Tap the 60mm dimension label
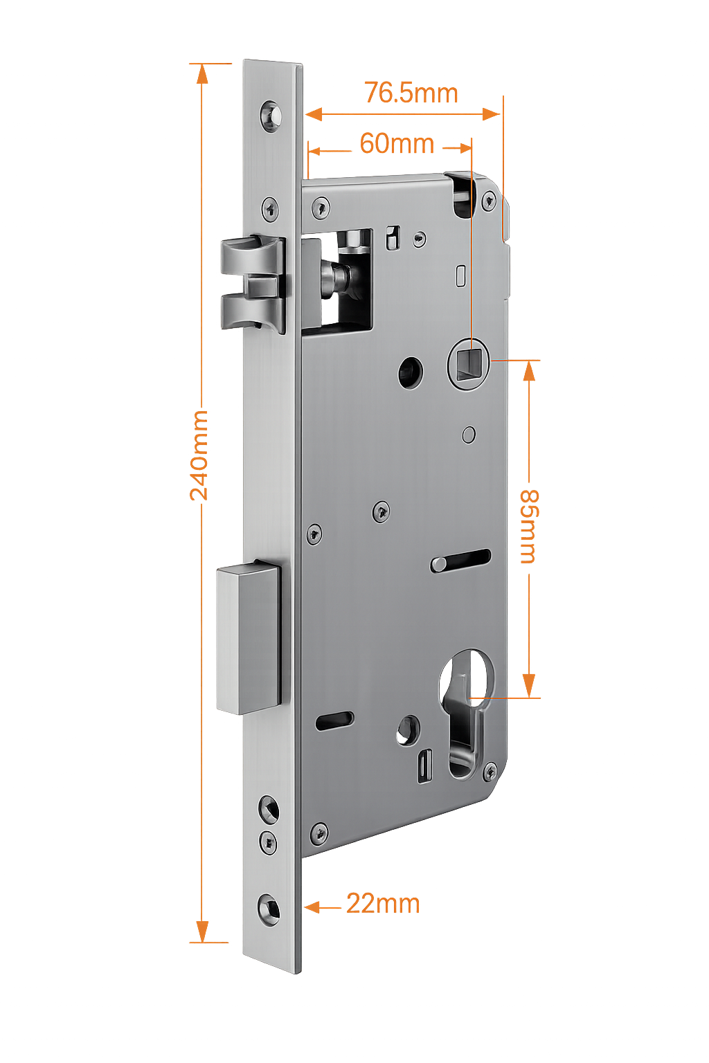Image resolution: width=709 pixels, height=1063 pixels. [397, 144]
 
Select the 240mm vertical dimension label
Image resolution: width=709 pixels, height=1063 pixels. [200, 455]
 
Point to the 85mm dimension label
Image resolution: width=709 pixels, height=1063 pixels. [530, 526]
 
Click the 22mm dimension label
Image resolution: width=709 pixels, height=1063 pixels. [383, 904]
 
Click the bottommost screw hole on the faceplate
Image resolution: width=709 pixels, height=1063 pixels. [269, 907]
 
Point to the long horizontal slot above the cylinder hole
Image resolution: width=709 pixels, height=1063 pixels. [461, 560]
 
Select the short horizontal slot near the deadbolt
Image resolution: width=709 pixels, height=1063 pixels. [334, 720]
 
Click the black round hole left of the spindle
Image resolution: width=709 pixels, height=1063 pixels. [411, 373]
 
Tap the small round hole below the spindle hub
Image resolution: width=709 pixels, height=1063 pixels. [469, 434]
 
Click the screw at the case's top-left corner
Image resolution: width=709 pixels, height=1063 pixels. [320, 206]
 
